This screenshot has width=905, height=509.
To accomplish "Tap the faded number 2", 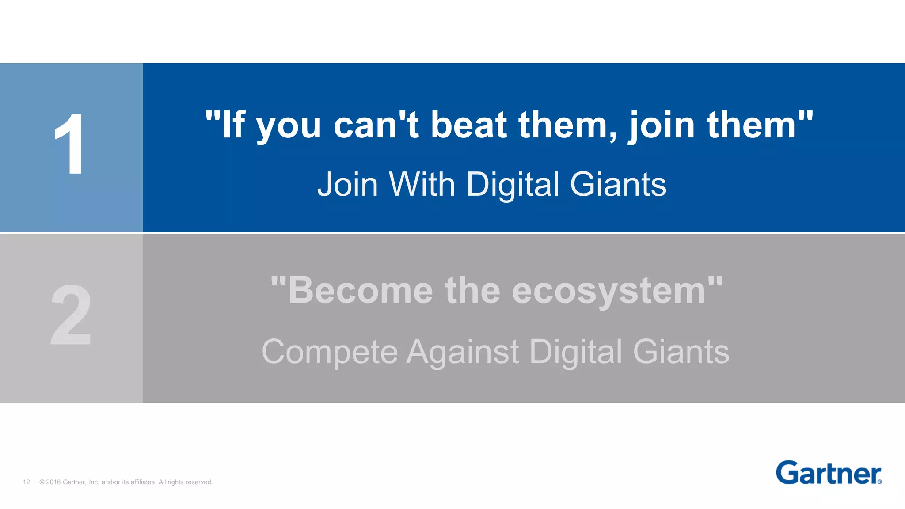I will coord(71,315).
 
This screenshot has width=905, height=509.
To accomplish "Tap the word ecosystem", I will coord(609,292).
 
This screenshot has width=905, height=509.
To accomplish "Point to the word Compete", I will coord(330,353).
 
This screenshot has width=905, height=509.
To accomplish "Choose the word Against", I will coord(462,353).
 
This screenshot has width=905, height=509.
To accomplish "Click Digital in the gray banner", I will coord(576,353).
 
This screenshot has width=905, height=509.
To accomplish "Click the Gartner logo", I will coord(829,473).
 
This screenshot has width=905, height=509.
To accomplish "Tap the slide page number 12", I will coord(26,482).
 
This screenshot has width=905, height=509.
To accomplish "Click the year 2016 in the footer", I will coord(53,482).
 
